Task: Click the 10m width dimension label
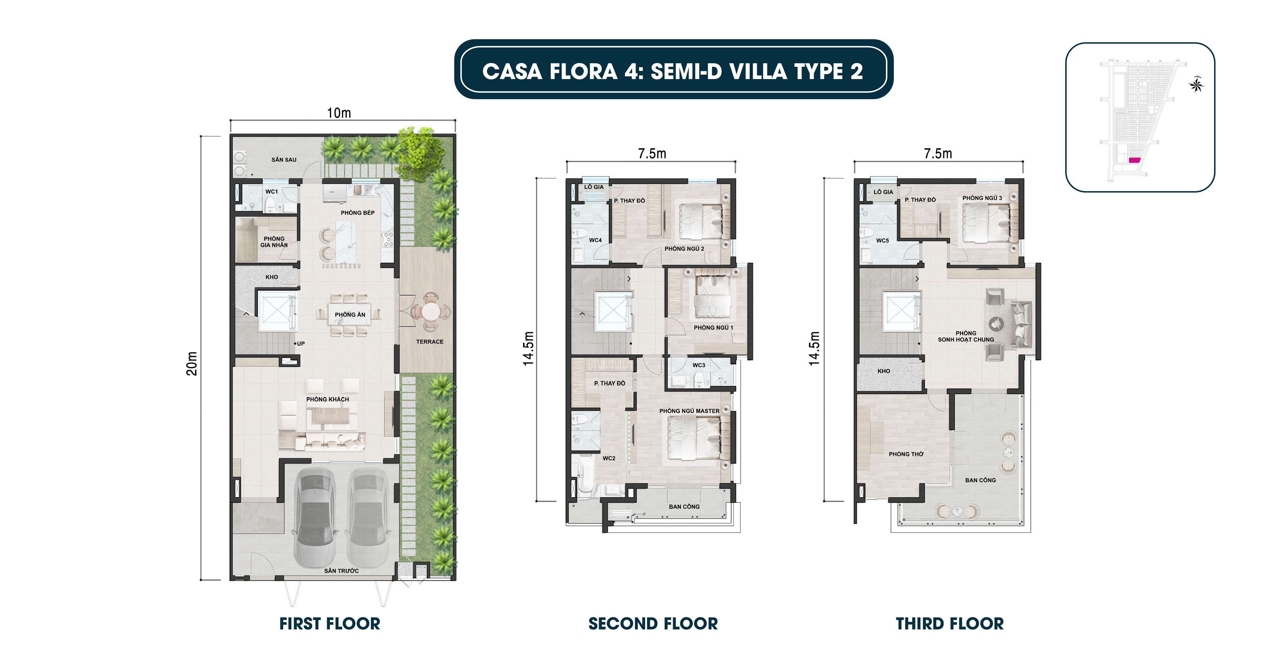pyautogui.click(x=339, y=113)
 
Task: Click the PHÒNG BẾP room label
pyautogui.click(x=357, y=213)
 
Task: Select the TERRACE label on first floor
pyautogui.click(x=430, y=342)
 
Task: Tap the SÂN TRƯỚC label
pyautogui.click(x=341, y=571)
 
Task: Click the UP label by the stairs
pyautogui.click(x=301, y=344)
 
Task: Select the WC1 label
pyautogui.click(x=272, y=192)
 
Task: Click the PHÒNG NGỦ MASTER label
pyautogui.click(x=689, y=411)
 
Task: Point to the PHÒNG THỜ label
pyautogui.click(x=906, y=454)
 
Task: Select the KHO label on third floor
pyautogui.click(x=884, y=371)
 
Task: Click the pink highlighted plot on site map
pyautogui.click(x=1134, y=161)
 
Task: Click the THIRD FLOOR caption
pyautogui.click(x=950, y=624)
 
